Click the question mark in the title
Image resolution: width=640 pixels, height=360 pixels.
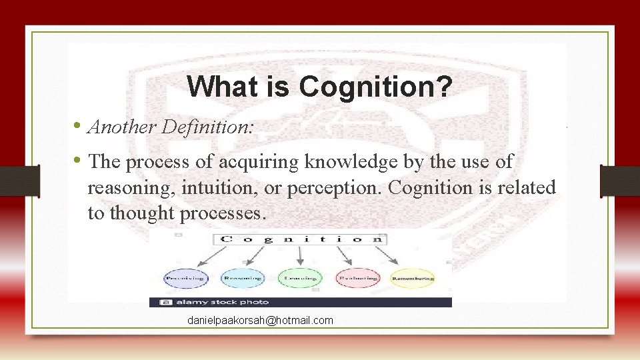point(443,87)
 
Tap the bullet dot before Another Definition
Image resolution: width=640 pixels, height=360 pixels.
point(78,125)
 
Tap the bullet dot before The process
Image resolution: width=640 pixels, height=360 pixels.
point(78,161)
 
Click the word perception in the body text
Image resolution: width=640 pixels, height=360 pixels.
point(333,188)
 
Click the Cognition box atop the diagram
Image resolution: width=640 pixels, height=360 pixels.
point(300,239)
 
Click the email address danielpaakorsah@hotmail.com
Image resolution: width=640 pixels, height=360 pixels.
point(260,321)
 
